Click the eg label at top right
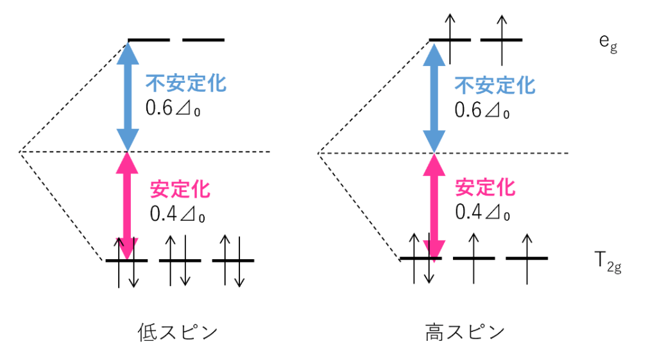[x=608, y=43]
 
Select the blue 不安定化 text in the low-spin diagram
[x=185, y=84]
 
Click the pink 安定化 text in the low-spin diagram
[x=180, y=189]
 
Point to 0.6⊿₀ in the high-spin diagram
[x=482, y=109]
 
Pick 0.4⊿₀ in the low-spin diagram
[x=177, y=214]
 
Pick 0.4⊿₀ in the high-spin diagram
[x=482, y=211]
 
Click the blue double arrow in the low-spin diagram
[x=128, y=96]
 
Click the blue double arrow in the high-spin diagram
[x=435, y=96]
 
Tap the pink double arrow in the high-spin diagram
[x=435, y=205]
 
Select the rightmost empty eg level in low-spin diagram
[x=203, y=40]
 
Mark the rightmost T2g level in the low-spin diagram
[x=232, y=261]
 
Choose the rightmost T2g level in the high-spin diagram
[x=526, y=258]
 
